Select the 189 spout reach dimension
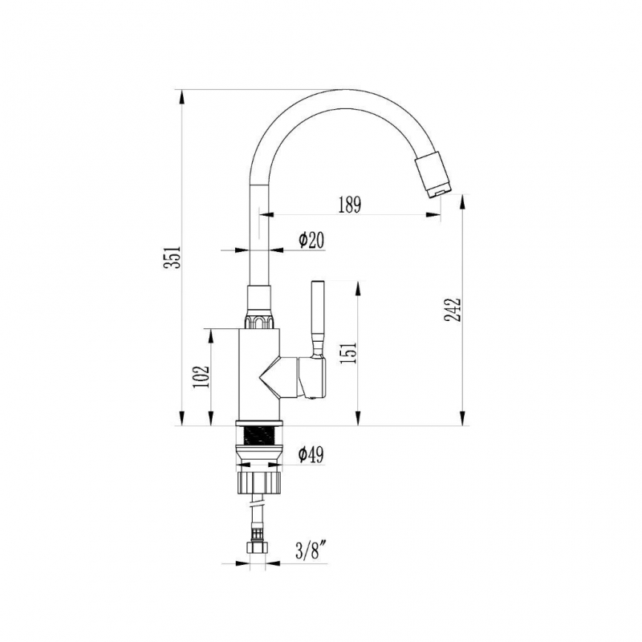point(350,205)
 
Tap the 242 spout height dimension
point(453,310)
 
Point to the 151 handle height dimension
point(349,352)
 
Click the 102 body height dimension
point(201,376)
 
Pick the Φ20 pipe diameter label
point(311,240)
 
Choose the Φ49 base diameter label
point(311,454)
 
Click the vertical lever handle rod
point(318,317)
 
